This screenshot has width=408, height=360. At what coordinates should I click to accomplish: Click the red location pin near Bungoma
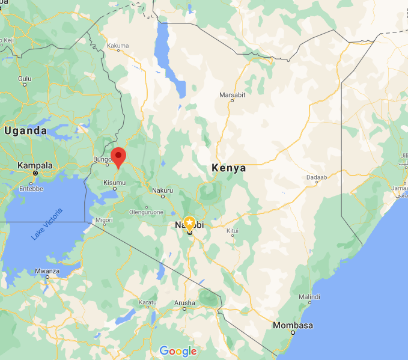click(x=118, y=156)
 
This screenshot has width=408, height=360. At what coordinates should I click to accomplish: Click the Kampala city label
click(x=35, y=165)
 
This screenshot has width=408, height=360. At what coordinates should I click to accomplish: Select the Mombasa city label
click(x=293, y=326)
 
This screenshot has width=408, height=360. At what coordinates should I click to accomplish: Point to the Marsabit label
click(x=232, y=94)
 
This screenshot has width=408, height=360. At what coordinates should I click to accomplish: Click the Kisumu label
click(x=114, y=181)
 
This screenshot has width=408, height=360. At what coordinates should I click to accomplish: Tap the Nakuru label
click(x=162, y=191)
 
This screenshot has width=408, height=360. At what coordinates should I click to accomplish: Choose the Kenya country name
click(x=229, y=168)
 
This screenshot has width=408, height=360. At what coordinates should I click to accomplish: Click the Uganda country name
click(x=25, y=130)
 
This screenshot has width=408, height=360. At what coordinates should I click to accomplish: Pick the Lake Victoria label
click(x=47, y=223)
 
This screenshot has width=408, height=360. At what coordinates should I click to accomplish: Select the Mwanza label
click(x=47, y=271)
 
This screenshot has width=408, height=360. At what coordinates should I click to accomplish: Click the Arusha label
click(x=184, y=303)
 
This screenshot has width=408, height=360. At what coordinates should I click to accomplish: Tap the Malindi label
click(x=309, y=297)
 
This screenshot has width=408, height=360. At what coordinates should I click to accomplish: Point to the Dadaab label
click(x=317, y=178)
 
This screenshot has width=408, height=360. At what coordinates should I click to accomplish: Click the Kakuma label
click(x=118, y=46)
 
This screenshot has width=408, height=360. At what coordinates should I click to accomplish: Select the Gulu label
click(x=25, y=79)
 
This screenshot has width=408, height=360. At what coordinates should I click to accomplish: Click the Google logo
click(x=178, y=352)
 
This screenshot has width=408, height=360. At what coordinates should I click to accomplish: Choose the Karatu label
click(x=148, y=302)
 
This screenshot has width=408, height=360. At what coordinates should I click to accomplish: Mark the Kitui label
click(x=232, y=231)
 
